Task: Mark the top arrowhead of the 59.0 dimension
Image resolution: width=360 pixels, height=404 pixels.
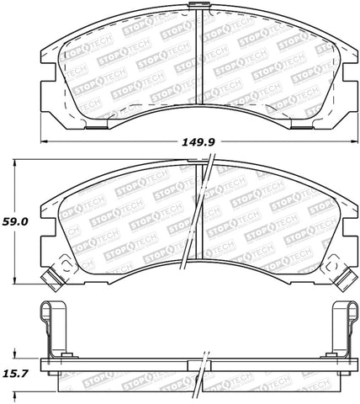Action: [x=19, y=161]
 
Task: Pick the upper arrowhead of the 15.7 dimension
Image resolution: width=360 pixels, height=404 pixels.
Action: [x=19, y=352]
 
